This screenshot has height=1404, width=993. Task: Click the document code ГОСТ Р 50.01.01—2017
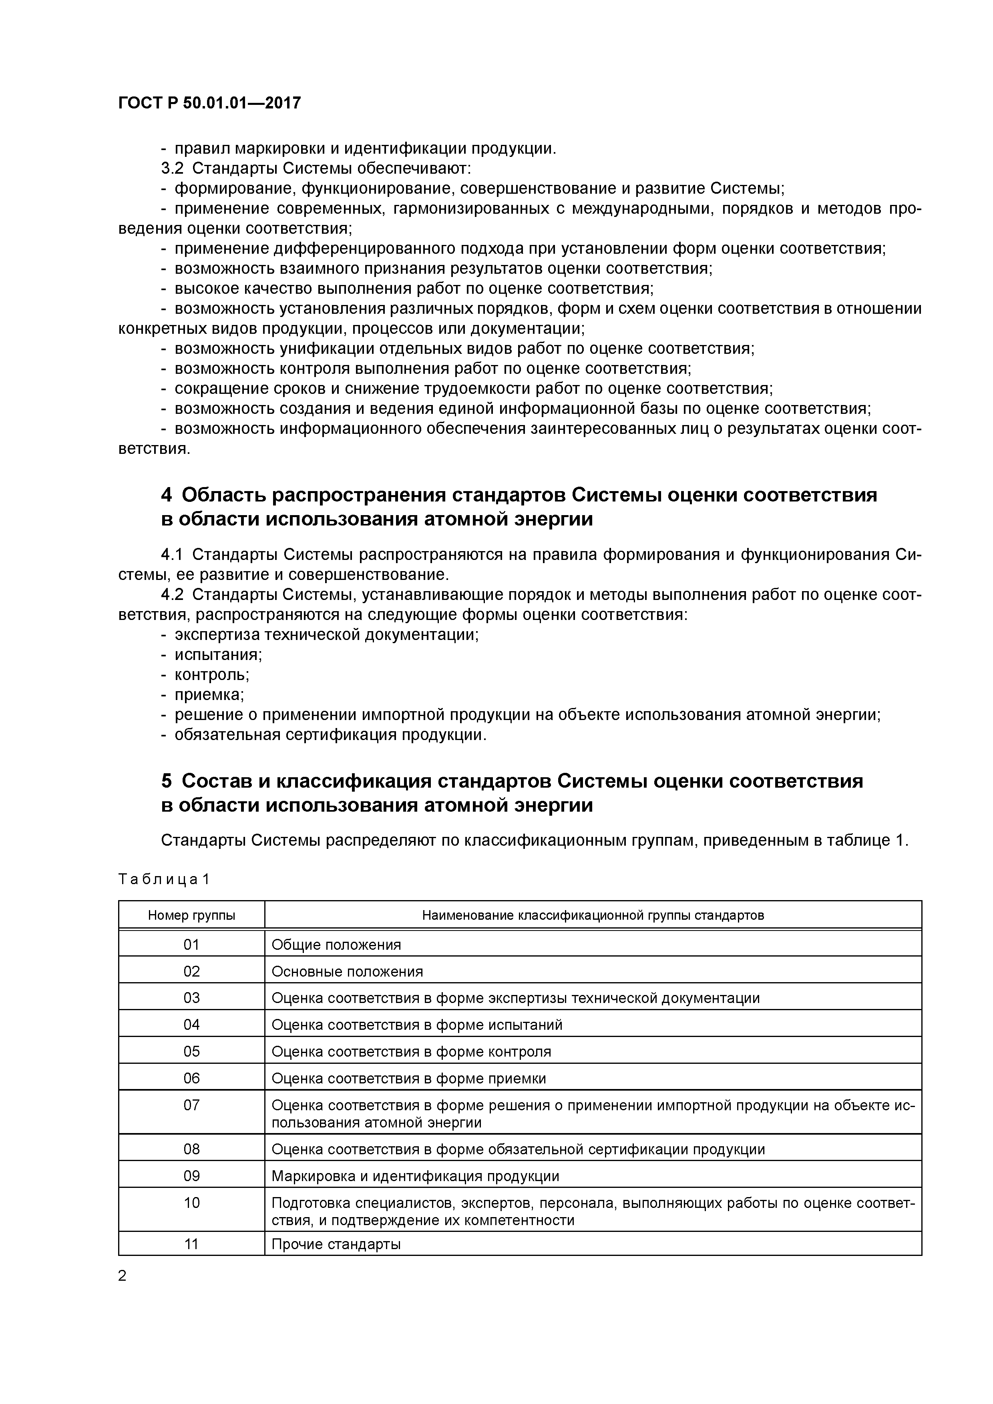[209, 103]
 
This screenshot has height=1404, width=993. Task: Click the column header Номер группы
[191, 915]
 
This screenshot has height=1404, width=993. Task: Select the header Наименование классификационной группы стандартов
[593, 915]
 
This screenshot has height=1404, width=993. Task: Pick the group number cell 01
[191, 945]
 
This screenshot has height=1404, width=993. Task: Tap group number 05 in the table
[191, 1052]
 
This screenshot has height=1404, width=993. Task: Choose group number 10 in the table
[191, 1203]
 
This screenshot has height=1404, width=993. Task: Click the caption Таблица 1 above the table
[164, 879]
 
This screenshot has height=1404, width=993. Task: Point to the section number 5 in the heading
[167, 781]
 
